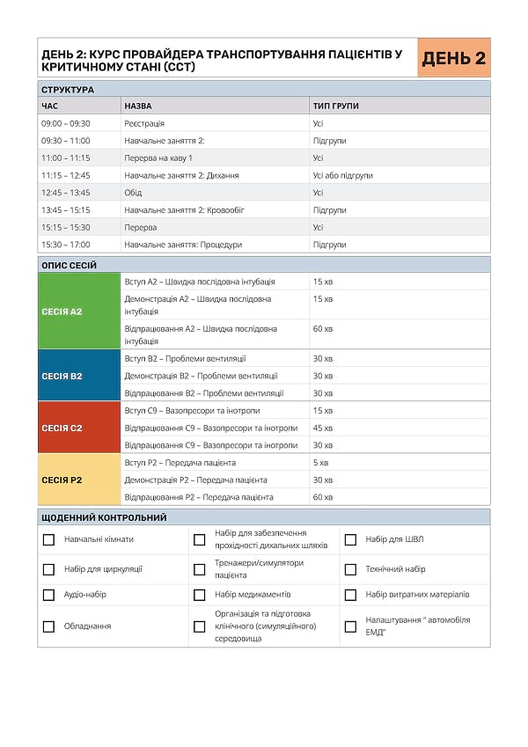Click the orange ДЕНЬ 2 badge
click(453, 59)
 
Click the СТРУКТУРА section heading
click(68, 89)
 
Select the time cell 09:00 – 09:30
click(66, 123)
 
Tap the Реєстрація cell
click(144, 123)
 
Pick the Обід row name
click(133, 193)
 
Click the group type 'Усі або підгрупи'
click(342, 175)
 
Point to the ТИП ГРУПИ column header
click(335, 106)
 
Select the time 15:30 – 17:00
click(66, 245)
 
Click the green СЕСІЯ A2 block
click(78, 311)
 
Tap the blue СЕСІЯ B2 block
click(78, 376)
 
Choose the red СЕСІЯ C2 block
click(78, 428)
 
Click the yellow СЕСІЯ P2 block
click(78, 480)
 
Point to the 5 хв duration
click(320, 463)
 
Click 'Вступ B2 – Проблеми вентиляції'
click(185, 358)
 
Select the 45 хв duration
click(323, 428)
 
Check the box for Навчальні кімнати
click(49, 539)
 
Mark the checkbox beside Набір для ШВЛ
click(350, 539)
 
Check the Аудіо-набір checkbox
click(49, 595)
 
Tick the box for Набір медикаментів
click(200, 595)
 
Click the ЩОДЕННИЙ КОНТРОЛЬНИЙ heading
click(104, 517)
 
